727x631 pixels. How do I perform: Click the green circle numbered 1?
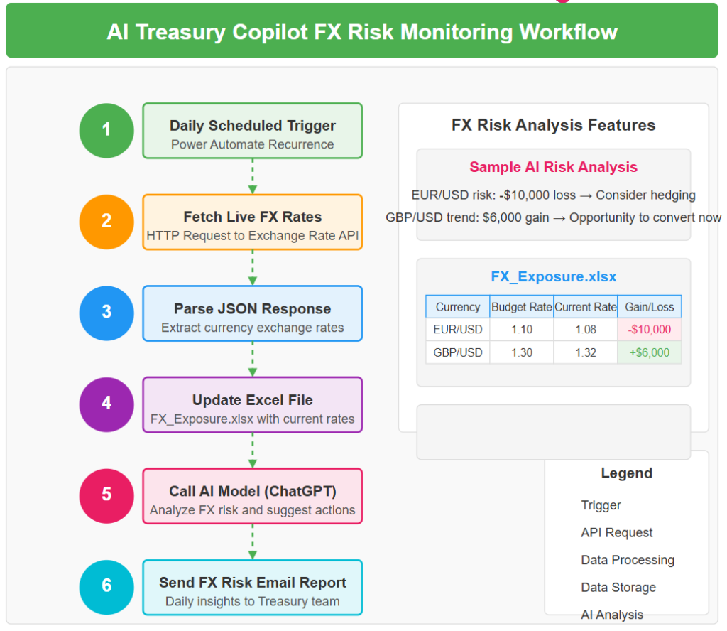tap(106, 130)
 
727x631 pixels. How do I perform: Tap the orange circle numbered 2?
tap(106, 222)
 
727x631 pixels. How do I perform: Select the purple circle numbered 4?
tap(106, 404)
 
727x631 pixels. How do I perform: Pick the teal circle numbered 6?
tap(106, 587)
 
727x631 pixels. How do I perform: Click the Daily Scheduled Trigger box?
tap(252, 130)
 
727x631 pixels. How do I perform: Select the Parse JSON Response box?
tap(252, 313)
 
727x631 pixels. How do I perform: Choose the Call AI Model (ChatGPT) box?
tap(252, 496)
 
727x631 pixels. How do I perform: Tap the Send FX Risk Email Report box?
tap(252, 588)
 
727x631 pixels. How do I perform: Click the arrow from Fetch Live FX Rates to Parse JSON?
tap(252, 268)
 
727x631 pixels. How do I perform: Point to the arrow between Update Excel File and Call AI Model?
tap(252, 451)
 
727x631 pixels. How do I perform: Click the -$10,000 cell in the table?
tap(649, 330)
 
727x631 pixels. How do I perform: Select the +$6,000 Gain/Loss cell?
tap(649, 352)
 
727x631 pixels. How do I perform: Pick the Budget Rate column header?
tap(522, 307)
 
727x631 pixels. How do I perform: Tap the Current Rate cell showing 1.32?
tap(586, 352)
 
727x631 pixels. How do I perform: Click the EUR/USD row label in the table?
tap(458, 330)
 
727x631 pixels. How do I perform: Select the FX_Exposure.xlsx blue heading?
tap(554, 276)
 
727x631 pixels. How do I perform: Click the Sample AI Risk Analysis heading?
tap(554, 167)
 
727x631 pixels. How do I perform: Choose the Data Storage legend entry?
tap(618, 588)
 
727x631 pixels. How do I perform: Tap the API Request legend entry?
tap(617, 533)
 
